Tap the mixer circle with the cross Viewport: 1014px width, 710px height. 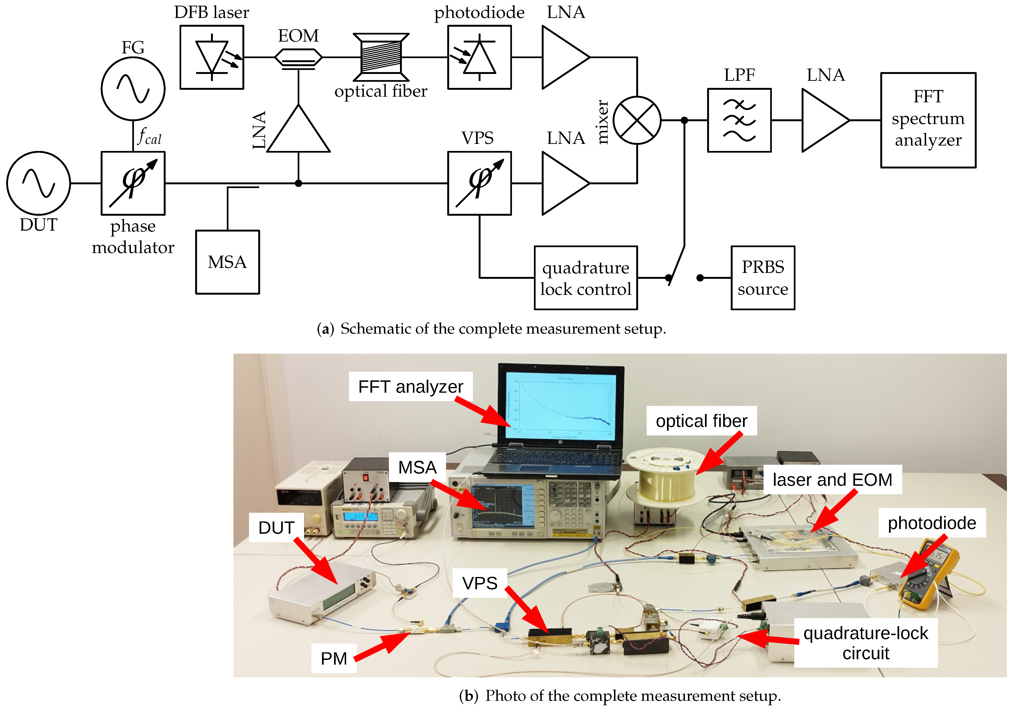(x=637, y=120)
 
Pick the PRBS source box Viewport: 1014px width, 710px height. (x=763, y=278)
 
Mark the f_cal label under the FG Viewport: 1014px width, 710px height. (x=149, y=137)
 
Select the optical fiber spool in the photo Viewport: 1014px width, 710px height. (x=667, y=477)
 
